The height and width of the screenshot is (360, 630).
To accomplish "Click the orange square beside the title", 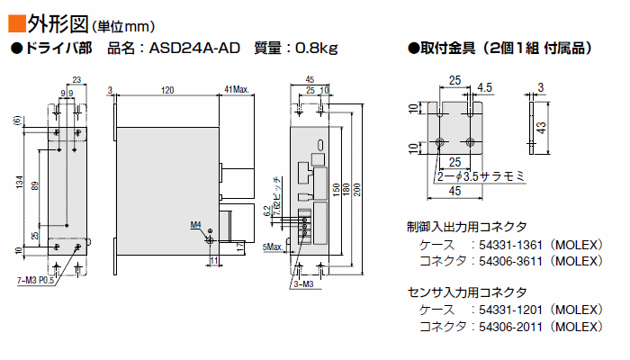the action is pos(16,23).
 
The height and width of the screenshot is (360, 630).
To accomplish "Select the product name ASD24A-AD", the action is pos(194,49).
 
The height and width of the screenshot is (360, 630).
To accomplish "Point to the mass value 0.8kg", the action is pos(316,49).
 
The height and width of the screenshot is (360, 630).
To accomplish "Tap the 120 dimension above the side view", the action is pos(167,90).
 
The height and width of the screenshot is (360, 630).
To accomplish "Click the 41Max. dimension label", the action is pos(237,90).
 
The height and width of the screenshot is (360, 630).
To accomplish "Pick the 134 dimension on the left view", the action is pos(19,183).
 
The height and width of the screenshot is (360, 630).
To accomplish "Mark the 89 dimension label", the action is pos(35,186).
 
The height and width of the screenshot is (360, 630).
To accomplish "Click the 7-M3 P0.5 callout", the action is pos(35,280).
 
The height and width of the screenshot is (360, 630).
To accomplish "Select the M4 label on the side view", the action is pos(195,225).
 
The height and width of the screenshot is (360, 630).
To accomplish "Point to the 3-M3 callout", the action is pos(304,284).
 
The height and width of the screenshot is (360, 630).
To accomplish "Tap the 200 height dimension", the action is pos(357,190).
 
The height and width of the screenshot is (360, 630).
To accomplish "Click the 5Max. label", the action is pos(273,247).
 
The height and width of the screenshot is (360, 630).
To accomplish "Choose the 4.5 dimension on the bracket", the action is pos(484,87).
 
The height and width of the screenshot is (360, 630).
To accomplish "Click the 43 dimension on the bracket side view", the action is pos(541,128).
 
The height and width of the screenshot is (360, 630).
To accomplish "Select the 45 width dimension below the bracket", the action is pos(454,191).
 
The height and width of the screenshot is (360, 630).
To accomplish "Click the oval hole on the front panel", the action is pos(320,145).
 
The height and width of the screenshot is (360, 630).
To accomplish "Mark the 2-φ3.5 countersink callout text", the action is pos(481,176).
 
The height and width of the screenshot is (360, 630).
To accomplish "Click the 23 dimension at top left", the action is pos(76,79).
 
